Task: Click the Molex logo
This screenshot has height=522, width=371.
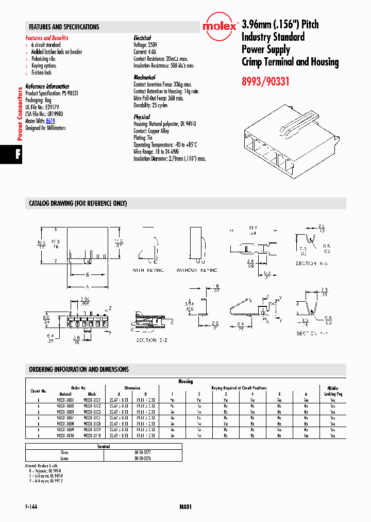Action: (219, 26)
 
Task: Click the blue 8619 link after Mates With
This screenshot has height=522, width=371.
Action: (50, 121)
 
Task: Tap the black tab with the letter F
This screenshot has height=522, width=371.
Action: (18, 155)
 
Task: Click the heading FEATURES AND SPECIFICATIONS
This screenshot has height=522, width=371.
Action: (64, 27)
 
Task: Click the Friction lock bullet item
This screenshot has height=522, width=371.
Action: (41, 73)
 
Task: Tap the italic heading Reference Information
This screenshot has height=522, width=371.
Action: (47, 87)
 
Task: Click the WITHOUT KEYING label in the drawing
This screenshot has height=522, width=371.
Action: (197, 270)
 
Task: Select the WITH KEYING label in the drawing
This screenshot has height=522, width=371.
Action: (148, 270)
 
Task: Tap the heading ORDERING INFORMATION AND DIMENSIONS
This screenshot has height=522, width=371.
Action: (79, 369)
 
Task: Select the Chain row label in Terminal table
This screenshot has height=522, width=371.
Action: (64, 452)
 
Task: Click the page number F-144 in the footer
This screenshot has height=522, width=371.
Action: (31, 507)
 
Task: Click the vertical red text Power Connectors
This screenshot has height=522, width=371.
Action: (20, 114)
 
